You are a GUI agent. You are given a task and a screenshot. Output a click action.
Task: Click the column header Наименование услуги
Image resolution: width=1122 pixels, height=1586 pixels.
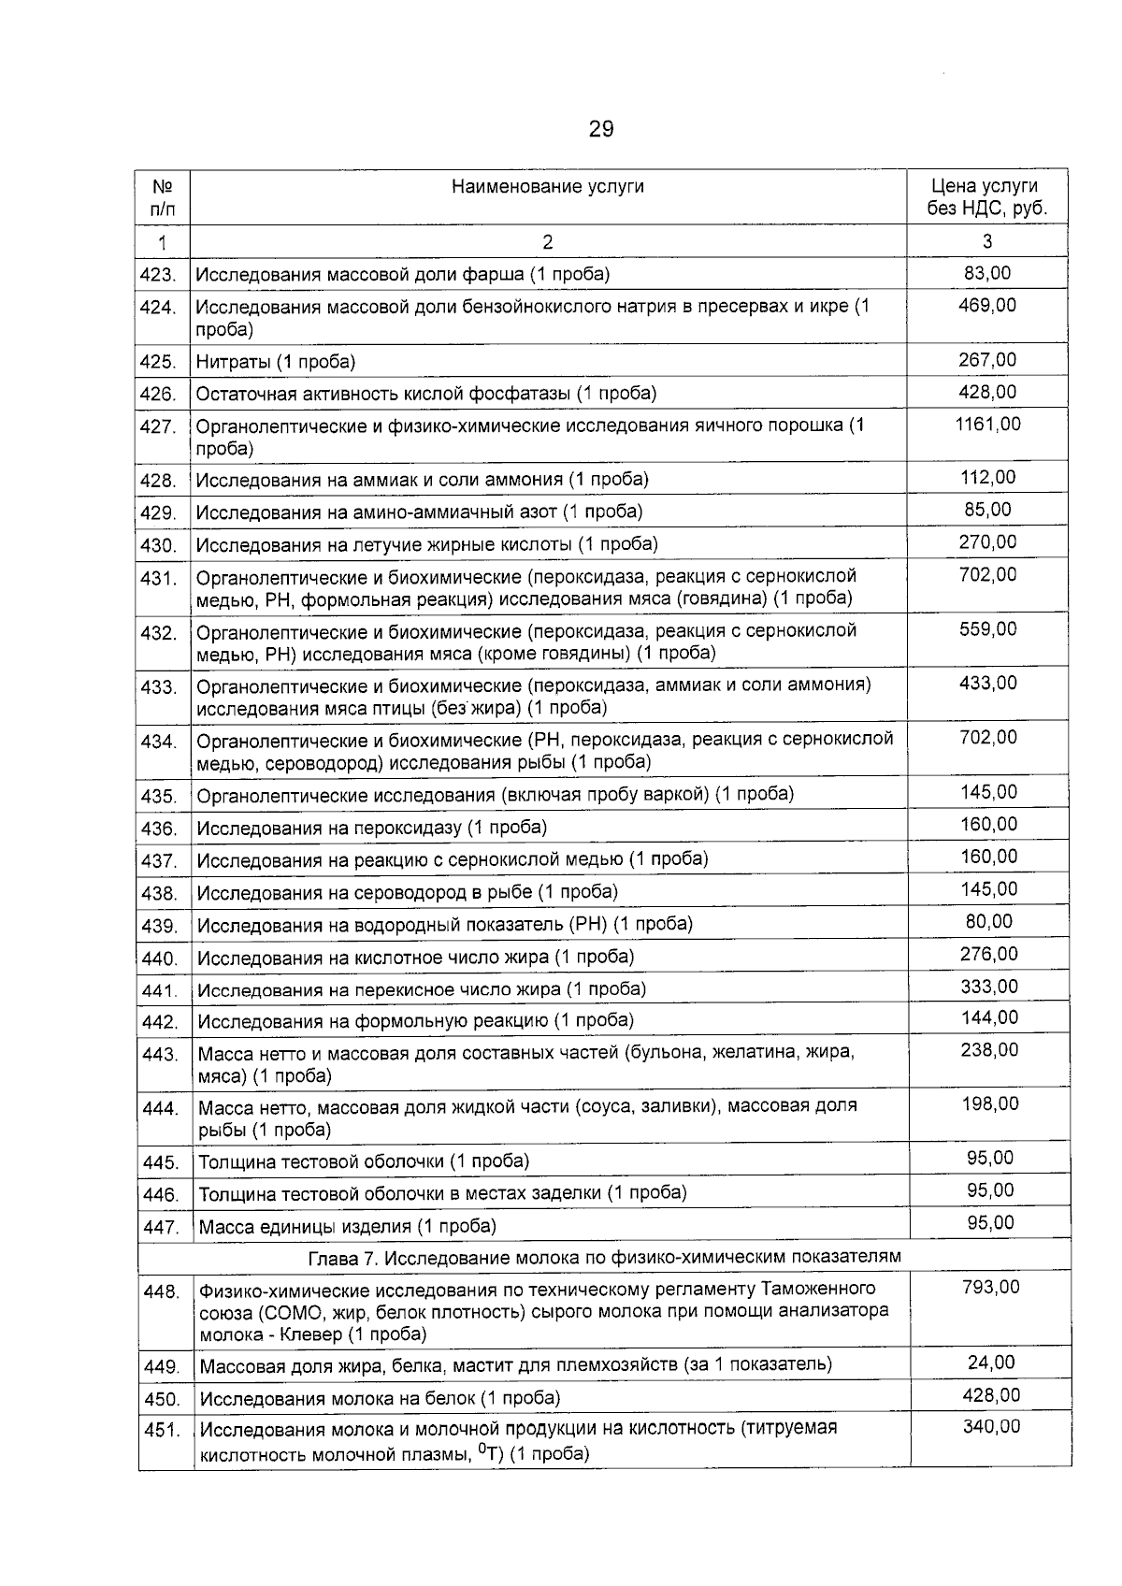[x=547, y=186]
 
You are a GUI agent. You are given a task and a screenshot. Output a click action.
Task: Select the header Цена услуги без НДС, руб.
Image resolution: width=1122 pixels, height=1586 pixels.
[x=986, y=197]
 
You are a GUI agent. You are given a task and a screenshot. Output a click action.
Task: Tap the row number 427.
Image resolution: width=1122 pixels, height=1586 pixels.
[x=158, y=426]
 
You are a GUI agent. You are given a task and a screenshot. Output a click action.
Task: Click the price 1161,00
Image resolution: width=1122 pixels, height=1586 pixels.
[x=987, y=425]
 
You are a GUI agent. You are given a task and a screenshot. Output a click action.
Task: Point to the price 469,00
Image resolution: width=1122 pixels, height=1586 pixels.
[x=987, y=306]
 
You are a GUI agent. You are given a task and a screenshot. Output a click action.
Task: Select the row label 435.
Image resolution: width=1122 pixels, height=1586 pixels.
[x=159, y=797]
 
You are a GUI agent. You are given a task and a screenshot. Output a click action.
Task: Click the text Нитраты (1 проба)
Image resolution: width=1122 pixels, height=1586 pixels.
[x=276, y=361]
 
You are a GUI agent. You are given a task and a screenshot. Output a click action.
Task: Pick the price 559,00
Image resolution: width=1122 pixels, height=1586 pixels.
[x=987, y=629]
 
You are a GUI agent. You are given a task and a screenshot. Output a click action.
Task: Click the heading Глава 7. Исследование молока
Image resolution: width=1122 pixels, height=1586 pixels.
[x=605, y=1256]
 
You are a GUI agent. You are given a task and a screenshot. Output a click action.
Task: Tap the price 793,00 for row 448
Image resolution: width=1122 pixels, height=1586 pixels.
[x=991, y=1288]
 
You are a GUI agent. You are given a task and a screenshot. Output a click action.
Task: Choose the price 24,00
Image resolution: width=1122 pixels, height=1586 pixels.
[x=991, y=1363]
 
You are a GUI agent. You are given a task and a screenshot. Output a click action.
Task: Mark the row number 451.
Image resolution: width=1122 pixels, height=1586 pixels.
[x=161, y=1431]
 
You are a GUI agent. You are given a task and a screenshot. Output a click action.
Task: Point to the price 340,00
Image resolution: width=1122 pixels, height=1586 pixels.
[x=991, y=1427]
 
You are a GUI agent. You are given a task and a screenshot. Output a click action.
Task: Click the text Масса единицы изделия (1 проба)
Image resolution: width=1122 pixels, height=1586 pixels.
[x=347, y=1226]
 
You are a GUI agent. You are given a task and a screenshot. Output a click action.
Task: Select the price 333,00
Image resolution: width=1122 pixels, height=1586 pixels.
[x=989, y=987]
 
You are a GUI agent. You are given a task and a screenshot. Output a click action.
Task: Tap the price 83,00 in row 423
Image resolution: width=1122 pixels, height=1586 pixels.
[x=987, y=273]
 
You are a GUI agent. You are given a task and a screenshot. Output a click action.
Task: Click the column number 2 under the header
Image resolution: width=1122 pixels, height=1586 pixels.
[x=547, y=242]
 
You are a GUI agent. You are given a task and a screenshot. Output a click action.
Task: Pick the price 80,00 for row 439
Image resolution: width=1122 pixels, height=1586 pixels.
[x=989, y=922]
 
